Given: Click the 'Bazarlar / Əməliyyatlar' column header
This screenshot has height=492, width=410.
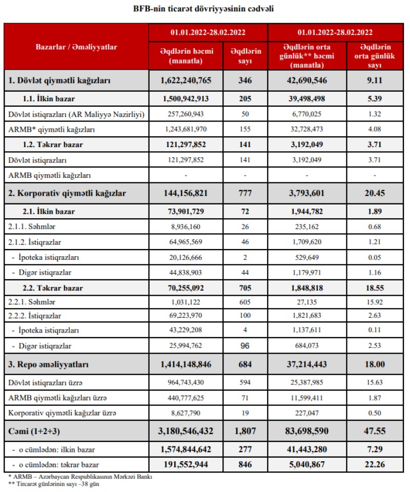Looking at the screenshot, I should (x=76, y=47).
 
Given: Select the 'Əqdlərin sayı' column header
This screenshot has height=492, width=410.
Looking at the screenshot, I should (x=245, y=55).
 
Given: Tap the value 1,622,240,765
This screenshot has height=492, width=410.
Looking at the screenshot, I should (x=186, y=80).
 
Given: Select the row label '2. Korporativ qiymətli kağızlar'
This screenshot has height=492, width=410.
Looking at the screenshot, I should (x=67, y=193).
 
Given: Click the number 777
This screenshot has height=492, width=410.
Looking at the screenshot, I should (x=245, y=193).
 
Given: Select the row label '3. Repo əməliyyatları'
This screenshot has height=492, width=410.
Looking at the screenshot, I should (x=49, y=365).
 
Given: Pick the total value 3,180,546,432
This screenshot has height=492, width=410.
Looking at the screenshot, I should (x=186, y=431).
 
